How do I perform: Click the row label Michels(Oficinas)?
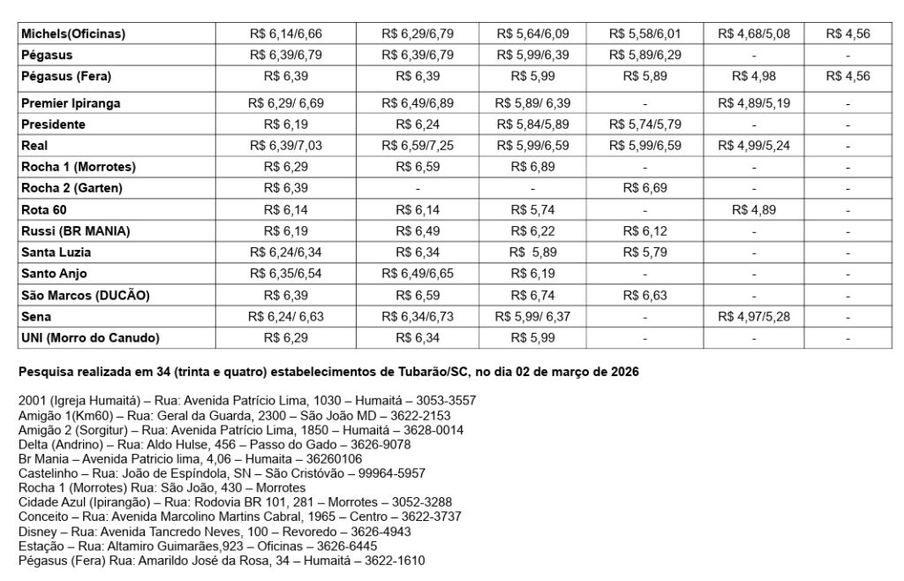(x=73, y=34)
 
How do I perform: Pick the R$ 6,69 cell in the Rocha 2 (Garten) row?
(x=644, y=188)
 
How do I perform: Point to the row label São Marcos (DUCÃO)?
(x=85, y=296)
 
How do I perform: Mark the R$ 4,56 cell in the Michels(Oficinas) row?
(x=847, y=34)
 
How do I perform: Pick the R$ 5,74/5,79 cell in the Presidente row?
(x=644, y=124)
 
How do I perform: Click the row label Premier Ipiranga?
(x=71, y=103)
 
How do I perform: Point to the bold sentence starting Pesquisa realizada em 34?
(x=328, y=372)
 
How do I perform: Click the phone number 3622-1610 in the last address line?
(x=402, y=560)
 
